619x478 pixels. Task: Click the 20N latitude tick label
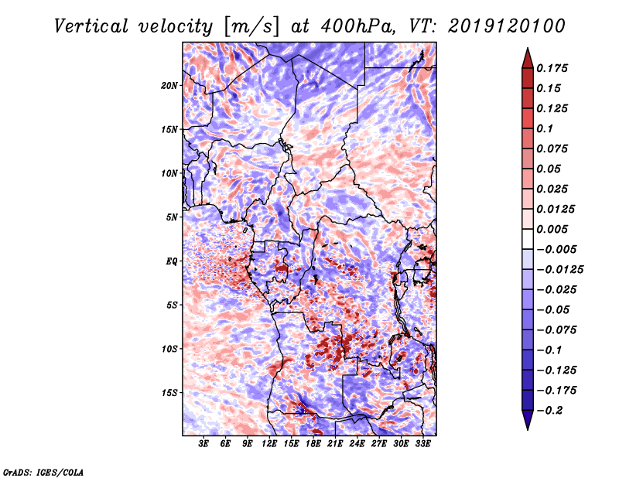169,85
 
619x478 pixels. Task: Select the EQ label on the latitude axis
172,261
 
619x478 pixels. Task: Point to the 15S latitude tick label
169,393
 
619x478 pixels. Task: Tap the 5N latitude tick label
172,217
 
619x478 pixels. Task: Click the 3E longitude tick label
204,445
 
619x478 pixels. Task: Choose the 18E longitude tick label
313,445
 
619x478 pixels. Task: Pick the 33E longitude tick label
422,445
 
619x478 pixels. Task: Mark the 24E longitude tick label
357,445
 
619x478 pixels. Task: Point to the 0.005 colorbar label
553,229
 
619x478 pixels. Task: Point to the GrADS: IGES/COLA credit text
43,471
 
